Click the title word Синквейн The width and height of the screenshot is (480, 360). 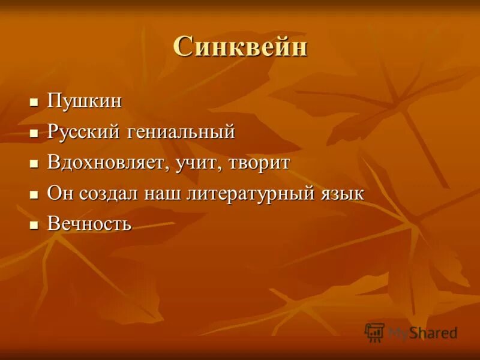tap(240, 47)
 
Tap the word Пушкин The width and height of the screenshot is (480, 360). tap(84, 101)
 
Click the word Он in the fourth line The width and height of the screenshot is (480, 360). tap(59, 194)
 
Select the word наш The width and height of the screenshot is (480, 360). tap(161, 194)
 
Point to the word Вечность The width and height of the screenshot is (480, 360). tap(89, 224)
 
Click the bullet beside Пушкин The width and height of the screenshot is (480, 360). tap(34, 101)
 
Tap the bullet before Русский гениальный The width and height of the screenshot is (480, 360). tap(34, 132)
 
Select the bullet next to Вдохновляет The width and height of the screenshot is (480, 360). tap(34, 163)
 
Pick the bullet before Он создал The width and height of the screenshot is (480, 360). tap(34, 194)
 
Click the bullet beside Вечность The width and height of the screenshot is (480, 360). tap(34, 225)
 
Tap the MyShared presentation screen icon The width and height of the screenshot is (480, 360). tap(374, 332)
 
